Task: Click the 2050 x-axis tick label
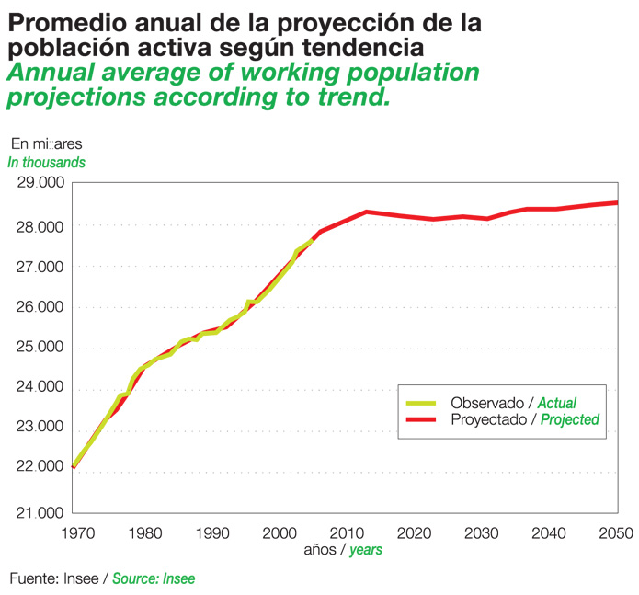(616, 532)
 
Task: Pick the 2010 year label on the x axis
(346, 532)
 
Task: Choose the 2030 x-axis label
(481, 532)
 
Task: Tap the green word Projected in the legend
(569, 419)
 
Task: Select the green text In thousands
(47, 162)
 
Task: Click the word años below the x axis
(321, 550)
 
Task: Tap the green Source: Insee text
(154, 578)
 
